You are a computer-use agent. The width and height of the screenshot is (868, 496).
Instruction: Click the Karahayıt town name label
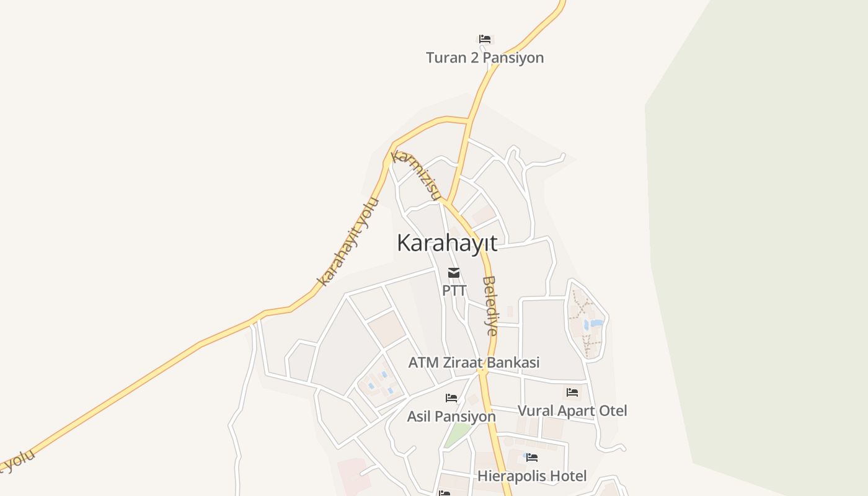tap(446, 243)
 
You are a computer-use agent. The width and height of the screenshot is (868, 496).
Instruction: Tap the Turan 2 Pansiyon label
tap(485, 58)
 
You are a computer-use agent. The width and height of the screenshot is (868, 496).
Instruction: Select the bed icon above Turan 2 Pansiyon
tap(485, 39)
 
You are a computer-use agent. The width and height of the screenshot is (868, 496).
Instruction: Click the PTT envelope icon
tap(454, 273)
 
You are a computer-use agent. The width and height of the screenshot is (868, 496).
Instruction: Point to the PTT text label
tap(454, 290)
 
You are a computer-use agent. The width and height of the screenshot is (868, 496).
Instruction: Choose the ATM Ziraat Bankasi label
tap(474, 363)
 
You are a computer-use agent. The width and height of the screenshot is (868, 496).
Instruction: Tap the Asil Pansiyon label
tap(451, 417)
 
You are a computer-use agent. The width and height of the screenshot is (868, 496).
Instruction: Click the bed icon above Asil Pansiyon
tap(451, 398)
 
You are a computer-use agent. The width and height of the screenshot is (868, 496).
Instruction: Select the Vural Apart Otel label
tap(572, 411)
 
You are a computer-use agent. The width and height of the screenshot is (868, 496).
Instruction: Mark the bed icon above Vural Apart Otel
tap(572, 392)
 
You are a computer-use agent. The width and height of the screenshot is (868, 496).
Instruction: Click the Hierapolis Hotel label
tap(532, 476)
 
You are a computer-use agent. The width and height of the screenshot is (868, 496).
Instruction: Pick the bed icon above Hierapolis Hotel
tap(532, 458)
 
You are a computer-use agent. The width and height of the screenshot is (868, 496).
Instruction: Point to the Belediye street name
tap(490, 306)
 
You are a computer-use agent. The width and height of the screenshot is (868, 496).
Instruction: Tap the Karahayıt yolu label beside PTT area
tap(348, 242)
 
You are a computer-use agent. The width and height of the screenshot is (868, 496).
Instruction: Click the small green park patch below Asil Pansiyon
tap(456, 434)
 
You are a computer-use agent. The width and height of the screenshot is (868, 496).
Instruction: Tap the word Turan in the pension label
tap(445, 58)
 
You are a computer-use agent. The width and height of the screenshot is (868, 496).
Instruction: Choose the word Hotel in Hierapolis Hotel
tap(567, 476)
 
